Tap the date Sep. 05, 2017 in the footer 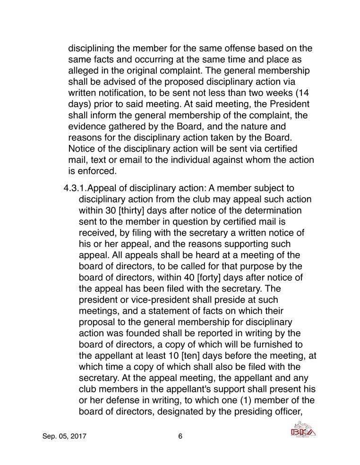pyautogui.click(x=65, y=436)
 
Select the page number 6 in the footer pyautogui.click(x=180, y=436)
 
